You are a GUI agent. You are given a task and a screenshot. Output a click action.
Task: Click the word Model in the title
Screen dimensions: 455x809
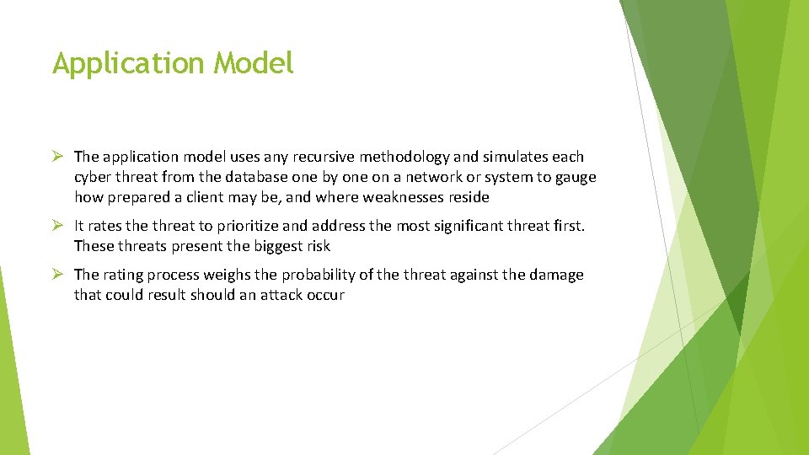(254, 63)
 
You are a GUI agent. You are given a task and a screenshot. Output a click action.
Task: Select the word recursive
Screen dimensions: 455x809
(315, 157)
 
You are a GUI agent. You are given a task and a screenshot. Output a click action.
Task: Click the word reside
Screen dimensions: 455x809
(469, 197)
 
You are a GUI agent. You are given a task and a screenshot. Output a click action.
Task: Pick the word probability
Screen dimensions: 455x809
(324, 276)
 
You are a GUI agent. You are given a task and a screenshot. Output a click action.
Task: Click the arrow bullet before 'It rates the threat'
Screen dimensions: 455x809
(58, 225)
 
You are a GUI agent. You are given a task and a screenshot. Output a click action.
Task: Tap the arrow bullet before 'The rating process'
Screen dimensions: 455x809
(58, 274)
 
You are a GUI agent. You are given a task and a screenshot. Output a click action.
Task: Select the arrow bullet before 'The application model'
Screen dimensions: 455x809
(58, 156)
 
